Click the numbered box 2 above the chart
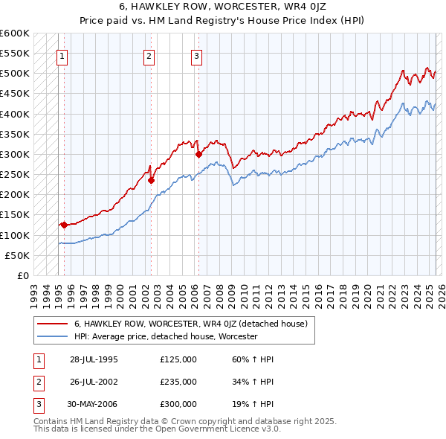click(149, 55)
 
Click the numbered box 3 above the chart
click(197, 55)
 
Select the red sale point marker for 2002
click(151, 180)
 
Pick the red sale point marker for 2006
click(198, 154)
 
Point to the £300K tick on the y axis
click(16, 154)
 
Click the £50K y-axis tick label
click(19, 255)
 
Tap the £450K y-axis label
click(16, 94)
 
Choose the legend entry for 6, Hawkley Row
click(195, 324)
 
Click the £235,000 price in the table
click(178, 382)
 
